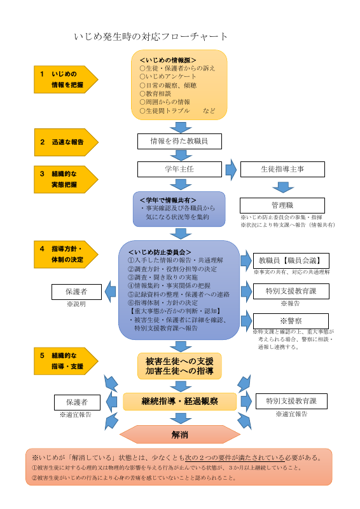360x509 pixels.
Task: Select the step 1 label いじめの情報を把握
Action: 64,79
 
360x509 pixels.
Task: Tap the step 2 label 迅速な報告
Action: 64,142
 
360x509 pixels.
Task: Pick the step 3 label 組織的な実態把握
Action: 64,179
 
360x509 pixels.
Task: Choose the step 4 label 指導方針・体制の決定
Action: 64,255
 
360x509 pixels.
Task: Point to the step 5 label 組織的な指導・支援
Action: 64,362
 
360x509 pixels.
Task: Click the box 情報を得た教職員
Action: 179,140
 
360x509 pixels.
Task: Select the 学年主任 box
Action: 179,169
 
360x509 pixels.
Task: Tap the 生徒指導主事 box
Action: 282,169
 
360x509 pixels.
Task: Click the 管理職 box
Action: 282,206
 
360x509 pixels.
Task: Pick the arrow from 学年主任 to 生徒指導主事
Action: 230,169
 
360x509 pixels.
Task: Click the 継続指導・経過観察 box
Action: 179,402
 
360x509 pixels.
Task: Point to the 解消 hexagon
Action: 179,435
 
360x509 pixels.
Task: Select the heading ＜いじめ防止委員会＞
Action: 160,252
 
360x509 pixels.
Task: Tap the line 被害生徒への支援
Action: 179,361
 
